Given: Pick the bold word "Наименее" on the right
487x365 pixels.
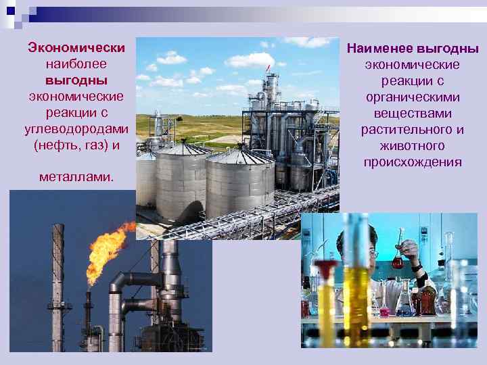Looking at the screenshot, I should tap(379, 49).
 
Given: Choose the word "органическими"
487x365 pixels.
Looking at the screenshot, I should tap(412, 97).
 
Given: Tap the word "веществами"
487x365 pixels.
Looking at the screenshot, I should tap(412, 114).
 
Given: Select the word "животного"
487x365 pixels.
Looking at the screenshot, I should tap(412, 146).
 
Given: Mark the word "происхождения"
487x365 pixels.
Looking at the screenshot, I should tap(412, 162).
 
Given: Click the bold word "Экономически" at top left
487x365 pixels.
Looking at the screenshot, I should tap(76, 48).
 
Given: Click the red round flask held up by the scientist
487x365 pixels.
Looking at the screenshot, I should tap(398, 260).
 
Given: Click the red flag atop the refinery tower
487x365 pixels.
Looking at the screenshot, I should tap(269, 66).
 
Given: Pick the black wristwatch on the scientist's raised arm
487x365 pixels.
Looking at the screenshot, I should tap(414, 268).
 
